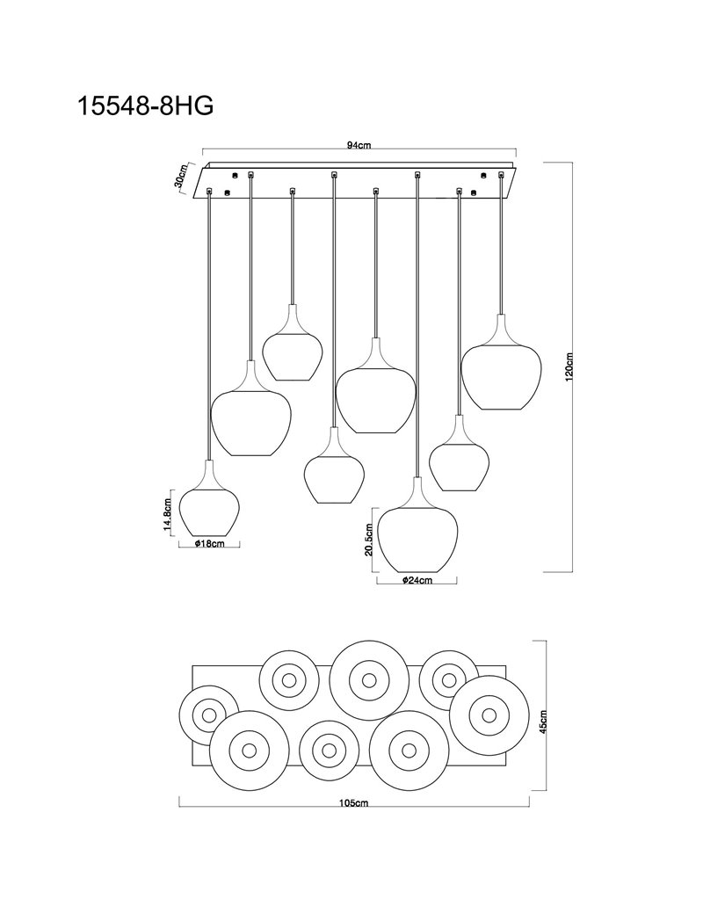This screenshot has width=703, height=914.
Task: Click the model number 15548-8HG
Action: tap(146, 106)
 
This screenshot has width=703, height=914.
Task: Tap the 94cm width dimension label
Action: tap(359, 146)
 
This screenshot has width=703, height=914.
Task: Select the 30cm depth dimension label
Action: tap(180, 176)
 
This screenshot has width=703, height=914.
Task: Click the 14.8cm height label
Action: tap(168, 512)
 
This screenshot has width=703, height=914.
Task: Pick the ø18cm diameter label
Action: tap(210, 543)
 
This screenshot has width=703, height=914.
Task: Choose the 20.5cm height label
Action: tap(368, 540)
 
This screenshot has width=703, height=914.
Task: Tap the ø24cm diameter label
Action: tap(417, 580)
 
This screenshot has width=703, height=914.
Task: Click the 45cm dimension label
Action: tap(543, 721)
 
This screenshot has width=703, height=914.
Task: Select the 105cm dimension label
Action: tap(354, 803)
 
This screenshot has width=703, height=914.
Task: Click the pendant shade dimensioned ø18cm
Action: tap(209, 498)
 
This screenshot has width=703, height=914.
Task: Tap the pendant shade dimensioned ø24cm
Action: tap(417, 525)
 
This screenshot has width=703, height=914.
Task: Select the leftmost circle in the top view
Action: tap(207, 715)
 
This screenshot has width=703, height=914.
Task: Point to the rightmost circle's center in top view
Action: tap(488, 715)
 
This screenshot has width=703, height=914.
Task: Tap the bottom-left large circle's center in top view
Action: tap(249, 750)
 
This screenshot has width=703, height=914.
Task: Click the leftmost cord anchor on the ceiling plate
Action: tap(209, 191)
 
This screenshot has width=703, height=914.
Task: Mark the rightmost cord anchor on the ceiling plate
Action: tap(501, 174)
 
